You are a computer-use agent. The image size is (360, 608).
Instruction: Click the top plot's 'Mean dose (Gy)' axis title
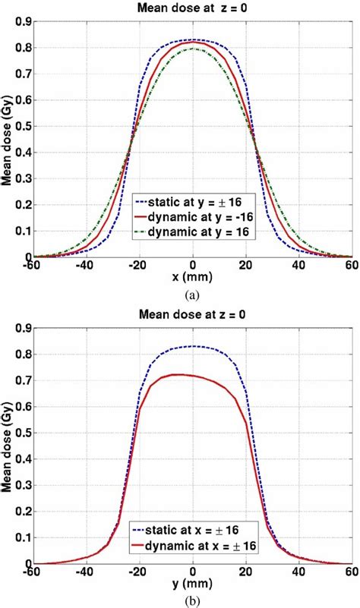point(8,140)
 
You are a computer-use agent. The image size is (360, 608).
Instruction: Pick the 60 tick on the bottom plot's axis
point(351,572)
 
